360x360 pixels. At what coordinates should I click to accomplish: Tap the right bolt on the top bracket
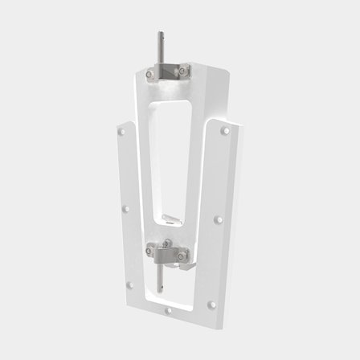183,71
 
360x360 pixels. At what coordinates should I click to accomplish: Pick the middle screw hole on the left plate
125,208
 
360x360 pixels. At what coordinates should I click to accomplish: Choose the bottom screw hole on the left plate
129,284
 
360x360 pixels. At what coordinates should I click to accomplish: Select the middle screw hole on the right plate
219,219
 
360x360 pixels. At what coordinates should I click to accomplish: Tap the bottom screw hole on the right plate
211,305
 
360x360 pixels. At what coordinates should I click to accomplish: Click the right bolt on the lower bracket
182,256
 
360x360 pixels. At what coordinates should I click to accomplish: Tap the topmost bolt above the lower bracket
166,243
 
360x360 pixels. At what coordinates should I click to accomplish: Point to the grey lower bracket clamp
166,256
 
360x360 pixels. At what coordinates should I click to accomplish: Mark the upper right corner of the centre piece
227,72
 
